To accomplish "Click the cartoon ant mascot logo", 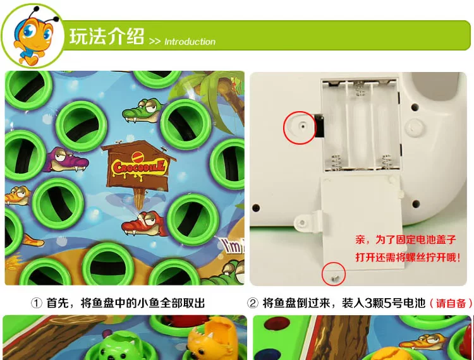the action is point(33,35).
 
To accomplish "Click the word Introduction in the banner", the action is point(190,42).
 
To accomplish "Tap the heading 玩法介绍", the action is point(106,37).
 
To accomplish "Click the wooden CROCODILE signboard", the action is point(139,170).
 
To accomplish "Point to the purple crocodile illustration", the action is point(66,159).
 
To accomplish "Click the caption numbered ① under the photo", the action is point(118,303).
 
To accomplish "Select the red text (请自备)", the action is point(451,303).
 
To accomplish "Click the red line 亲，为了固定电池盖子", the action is point(405,240).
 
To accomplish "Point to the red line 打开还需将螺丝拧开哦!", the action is point(408,257).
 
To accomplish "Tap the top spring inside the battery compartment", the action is point(360,88).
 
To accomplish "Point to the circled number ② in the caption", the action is point(253,303).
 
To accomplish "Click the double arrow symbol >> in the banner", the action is point(155,42).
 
